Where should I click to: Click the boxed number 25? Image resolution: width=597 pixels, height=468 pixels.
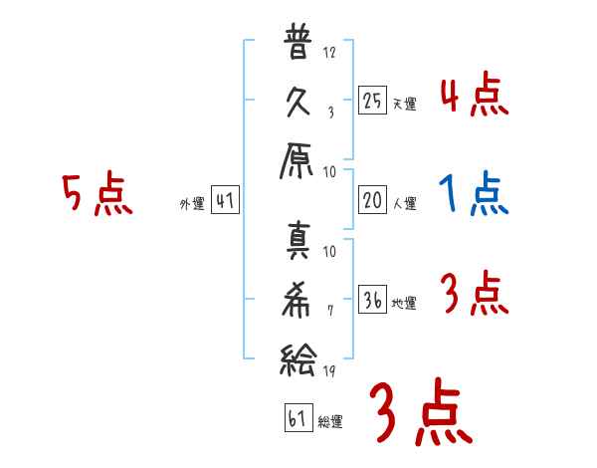point(371,100)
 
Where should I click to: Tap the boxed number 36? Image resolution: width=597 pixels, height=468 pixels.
point(371,301)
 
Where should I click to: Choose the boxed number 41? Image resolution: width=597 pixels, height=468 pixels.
point(226,201)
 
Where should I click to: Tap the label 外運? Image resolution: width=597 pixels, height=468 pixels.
point(191,204)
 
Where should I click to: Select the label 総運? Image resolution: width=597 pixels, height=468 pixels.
point(330,420)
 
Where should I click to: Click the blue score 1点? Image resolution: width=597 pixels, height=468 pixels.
point(475,193)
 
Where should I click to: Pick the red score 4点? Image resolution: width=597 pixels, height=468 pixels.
point(475,97)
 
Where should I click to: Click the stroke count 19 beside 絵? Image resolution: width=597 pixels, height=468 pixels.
point(330,371)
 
